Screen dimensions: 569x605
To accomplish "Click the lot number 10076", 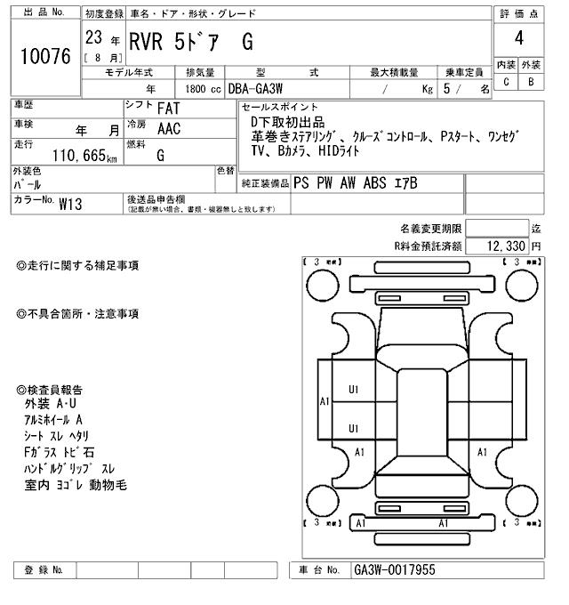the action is click(44, 56).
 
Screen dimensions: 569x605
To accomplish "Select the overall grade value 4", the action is click(518, 39).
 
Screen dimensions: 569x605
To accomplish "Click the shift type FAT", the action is click(168, 108).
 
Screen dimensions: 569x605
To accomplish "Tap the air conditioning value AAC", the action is click(168, 130).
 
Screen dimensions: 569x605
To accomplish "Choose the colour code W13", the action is click(70, 204).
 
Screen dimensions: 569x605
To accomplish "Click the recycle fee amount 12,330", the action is click(505, 245).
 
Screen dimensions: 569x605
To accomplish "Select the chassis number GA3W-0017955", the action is click(395, 569).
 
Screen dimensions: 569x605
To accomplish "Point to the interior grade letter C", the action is click(506, 81).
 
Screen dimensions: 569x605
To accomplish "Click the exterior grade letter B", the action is click(531, 81).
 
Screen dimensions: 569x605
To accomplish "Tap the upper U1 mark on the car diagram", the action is click(353, 389).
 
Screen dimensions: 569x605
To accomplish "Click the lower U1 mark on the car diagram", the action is click(353, 428).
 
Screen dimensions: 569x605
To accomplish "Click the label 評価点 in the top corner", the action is click(518, 13).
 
